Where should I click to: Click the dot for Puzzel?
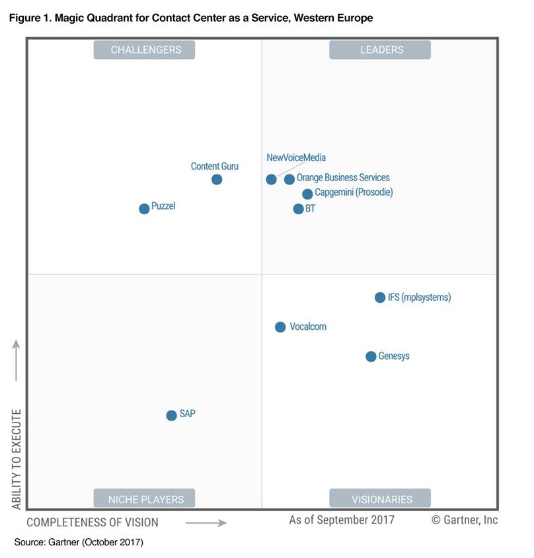(x=144, y=209)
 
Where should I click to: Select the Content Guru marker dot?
(x=217, y=179)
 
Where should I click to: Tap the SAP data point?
(x=171, y=415)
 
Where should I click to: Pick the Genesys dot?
(x=371, y=356)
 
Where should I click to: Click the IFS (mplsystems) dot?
(x=380, y=298)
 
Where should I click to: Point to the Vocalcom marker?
(x=280, y=327)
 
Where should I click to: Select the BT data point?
(x=298, y=209)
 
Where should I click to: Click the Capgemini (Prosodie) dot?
(x=307, y=194)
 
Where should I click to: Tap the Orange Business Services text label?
(x=343, y=178)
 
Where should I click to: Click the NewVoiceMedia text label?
(x=296, y=158)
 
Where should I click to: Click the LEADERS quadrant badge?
(x=380, y=50)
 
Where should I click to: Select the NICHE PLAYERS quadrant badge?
(x=146, y=498)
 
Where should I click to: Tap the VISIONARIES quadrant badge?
(x=380, y=498)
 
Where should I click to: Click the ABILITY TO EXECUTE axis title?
(x=17, y=459)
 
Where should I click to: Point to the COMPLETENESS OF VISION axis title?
(x=93, y=522)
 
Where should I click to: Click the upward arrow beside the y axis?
(x=17, y=360)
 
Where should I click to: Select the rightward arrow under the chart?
(x=206, y=522)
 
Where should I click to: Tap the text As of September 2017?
(x=342, y=520)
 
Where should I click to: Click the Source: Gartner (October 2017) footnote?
(x=79, y=543)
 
